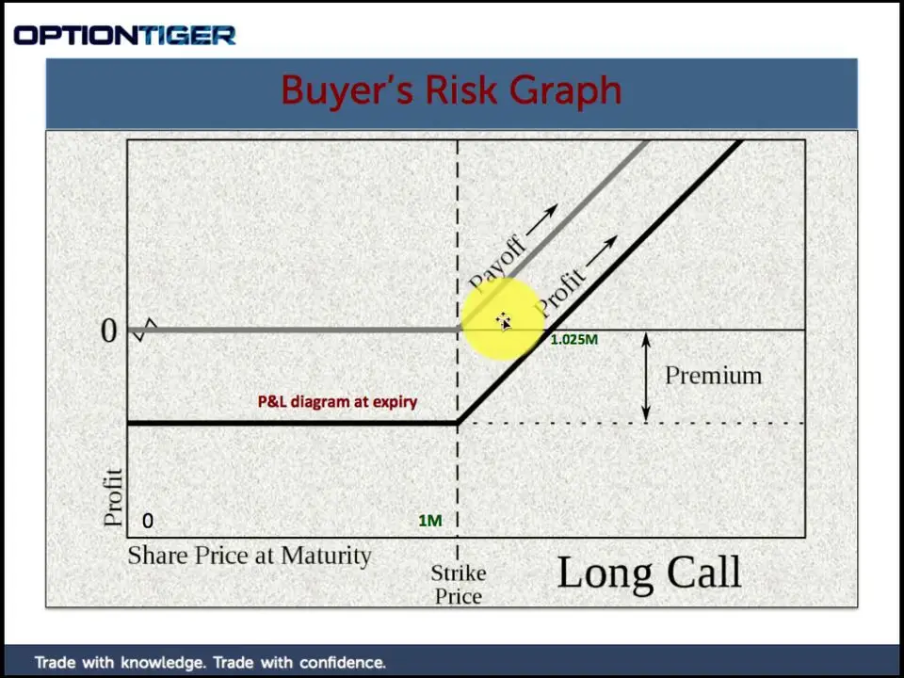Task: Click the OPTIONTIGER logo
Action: [x=124, y=36]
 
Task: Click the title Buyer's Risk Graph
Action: [x=451, y=90]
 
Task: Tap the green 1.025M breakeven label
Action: [x=574, y=340]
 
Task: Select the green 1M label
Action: [x=430, y=521]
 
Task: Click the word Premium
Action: [x=713, y=376]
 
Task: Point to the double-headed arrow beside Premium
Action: [x=646, y=377]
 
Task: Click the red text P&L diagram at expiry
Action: [x=337, y=401]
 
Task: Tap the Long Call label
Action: [x=649, y=573]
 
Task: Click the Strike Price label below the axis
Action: [x=459, y=585]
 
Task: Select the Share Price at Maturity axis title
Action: [x=250, y=556]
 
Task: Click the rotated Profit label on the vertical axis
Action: [x=113, y=497]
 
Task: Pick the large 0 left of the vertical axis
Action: [x=109, y=331]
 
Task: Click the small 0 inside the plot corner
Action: [x=148, y=521]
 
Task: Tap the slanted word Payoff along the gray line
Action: [x=497, y=264]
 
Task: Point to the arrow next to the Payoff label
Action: [x=542, y=219]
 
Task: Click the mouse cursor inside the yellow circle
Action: [x=504, y=322]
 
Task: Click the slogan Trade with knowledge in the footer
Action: [x=210, y=662]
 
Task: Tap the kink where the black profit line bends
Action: [x=458, y=423]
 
